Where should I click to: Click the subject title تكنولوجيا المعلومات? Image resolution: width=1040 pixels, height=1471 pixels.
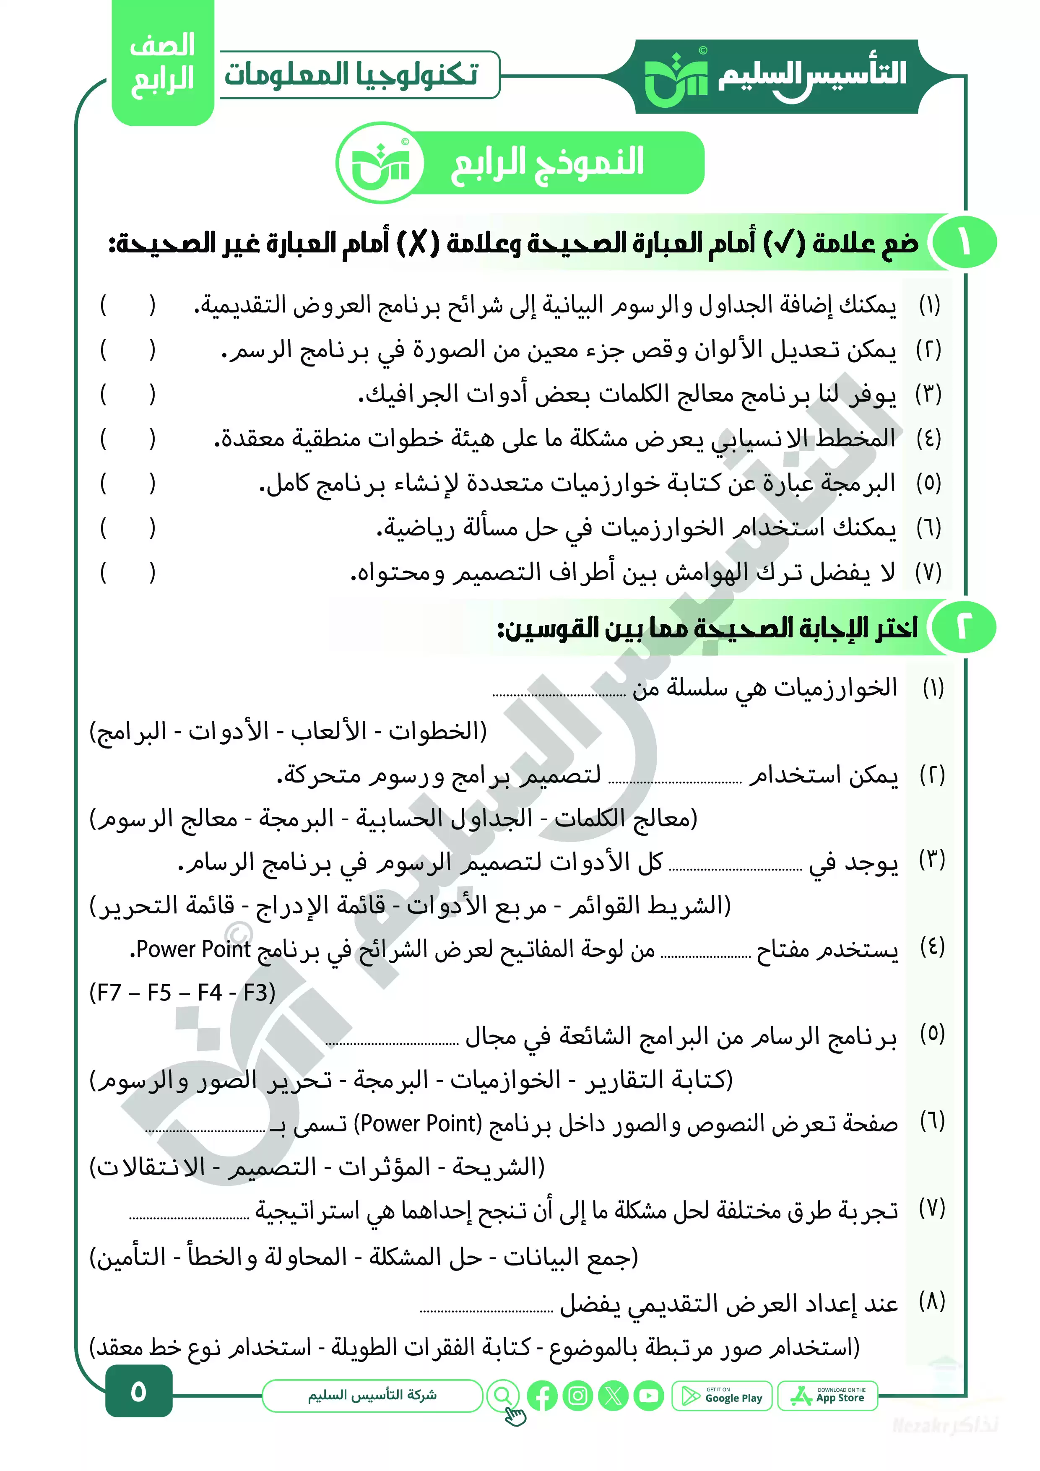coord(351,74)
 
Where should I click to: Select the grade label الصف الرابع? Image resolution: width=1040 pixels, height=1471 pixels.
coord(162,63)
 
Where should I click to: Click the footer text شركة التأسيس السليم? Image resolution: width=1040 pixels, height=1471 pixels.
coord(372,1396)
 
